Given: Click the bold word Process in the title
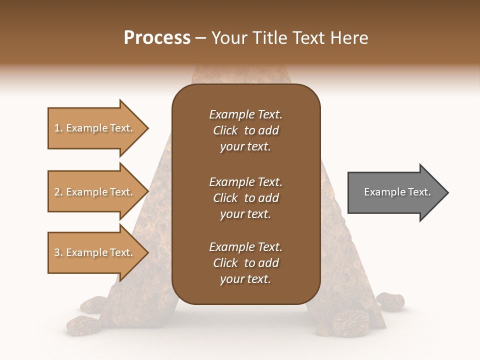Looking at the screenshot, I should click(157, 38).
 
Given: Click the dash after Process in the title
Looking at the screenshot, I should click(201, 38).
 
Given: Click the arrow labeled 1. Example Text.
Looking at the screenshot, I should click(95, 128).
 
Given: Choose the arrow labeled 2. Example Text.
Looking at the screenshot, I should click(95, 192).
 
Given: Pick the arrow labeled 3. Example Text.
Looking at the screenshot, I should click(95, 252).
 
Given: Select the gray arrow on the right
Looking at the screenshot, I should click(395, 192).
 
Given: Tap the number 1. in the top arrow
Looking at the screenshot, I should click(58, 128).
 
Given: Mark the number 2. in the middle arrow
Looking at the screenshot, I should click(58, 192).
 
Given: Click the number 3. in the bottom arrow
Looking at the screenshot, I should click(58, 252).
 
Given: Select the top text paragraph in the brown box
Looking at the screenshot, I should click(245, 130).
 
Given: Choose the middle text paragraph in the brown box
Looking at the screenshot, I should click(245, 197).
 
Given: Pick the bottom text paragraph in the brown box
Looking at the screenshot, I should click(245, 263).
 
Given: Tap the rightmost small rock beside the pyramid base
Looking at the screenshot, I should click(390, 300).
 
